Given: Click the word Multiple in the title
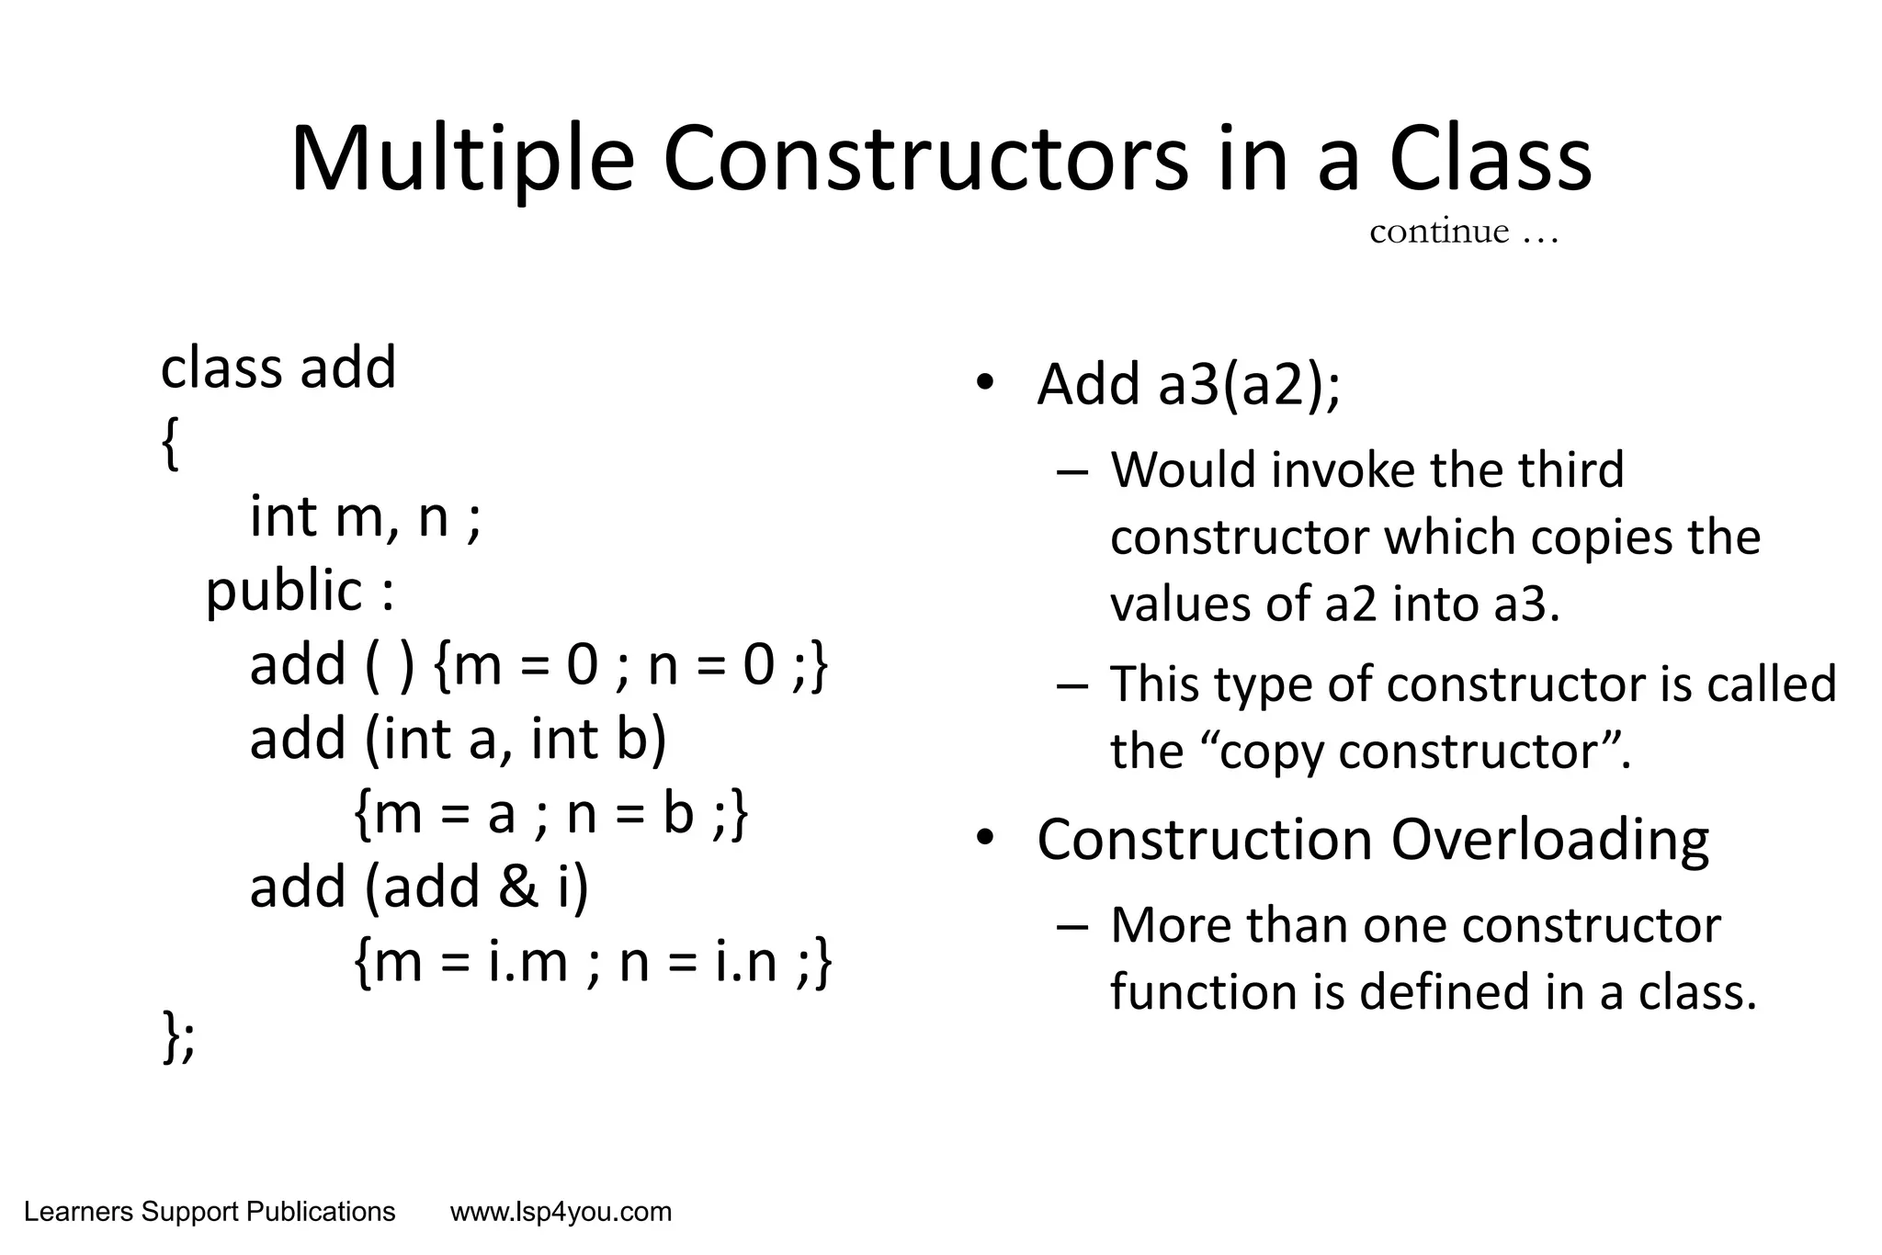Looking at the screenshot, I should [x=462, y=161].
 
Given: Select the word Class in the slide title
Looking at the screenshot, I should [x=1490, y=161].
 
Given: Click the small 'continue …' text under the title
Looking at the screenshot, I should [x=1463, y=232].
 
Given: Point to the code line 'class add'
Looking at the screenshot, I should [x=278, y=367].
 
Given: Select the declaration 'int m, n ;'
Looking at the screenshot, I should [x=365, y=517].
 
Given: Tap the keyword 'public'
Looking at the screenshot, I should [x=284, y=591].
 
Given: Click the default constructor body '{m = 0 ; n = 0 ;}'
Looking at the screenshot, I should [x=629, y=665].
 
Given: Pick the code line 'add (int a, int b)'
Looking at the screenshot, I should [x=458, y=739].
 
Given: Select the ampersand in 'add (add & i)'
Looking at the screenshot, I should [x=519, y=888].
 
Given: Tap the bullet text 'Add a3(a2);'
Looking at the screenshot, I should [x=1188, y=384].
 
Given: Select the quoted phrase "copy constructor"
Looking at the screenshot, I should [x=1415, y=752].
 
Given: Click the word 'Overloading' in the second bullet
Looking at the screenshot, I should [x=1549, y=840].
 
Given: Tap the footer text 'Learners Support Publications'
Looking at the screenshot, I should [x=210, y=1213].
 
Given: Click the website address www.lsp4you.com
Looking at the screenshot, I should [x=561, y=1213].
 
